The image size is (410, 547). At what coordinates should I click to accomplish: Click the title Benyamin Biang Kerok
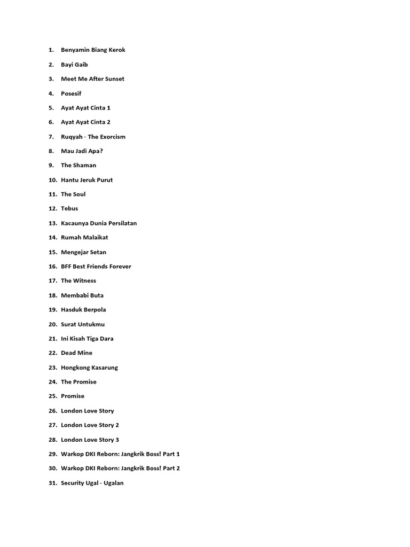pos(93,50)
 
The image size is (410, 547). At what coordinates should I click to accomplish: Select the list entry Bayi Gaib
pos(74,65)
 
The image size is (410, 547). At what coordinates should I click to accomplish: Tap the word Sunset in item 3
pos(114,79)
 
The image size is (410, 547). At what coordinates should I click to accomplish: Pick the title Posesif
pos(71,93)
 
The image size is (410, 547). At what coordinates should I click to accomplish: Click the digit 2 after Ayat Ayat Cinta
pos(108,122)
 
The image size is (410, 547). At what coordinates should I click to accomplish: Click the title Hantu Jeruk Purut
pos(86,180)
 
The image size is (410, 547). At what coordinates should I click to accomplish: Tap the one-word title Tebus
pos(69,209)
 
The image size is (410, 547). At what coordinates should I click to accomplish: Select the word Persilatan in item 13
pos(122,223)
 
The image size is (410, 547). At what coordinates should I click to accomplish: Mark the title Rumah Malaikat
pos(84,238)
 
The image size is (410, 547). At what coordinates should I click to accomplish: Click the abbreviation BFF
pos(66,267)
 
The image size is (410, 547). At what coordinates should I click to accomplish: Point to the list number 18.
pos(52,295)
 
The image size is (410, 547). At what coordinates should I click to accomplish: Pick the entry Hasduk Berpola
pos(83,310)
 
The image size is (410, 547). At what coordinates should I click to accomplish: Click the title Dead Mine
pos(76,353)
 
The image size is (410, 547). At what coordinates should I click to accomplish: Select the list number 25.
pos(52,396)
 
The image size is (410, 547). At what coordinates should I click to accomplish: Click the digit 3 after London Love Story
pos(117,440)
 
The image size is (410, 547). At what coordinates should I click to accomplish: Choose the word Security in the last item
pos(74,483)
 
